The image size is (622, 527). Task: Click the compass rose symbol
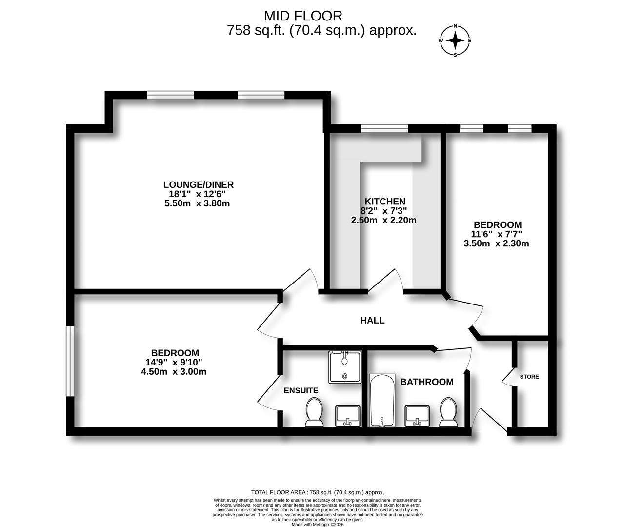click(x=455, y=41)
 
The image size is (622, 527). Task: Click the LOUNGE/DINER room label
click(x=198, y=185)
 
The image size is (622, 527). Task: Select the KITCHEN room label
click(x=384, y=202)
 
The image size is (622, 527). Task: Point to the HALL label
click(x=372, y=321)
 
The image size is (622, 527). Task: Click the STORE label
click(x=529, y=377)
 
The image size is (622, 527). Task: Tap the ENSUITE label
click(x=301, y=390)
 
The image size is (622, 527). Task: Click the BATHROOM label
click(x=427, y=382)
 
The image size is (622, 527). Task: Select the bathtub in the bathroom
click(x=382, y=401)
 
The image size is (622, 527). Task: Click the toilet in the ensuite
click(x=314, y=412)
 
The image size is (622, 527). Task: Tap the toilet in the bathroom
click(x=448, y=412)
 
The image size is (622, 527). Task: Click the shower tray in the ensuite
click(x=345, y=366)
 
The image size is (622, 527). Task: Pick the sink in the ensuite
click(x=348, y=416)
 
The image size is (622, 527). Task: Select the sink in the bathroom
click(x=417, y=416)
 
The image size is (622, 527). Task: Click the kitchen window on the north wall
click(x=384, y=128)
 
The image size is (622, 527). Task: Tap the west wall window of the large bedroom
click(x=71, y=361)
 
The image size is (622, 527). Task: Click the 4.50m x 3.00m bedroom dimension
click(x=174, y=372)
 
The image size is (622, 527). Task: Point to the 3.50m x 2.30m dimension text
click(x=496, y=243)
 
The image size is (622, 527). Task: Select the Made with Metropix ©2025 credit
click(x=317, y=525)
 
